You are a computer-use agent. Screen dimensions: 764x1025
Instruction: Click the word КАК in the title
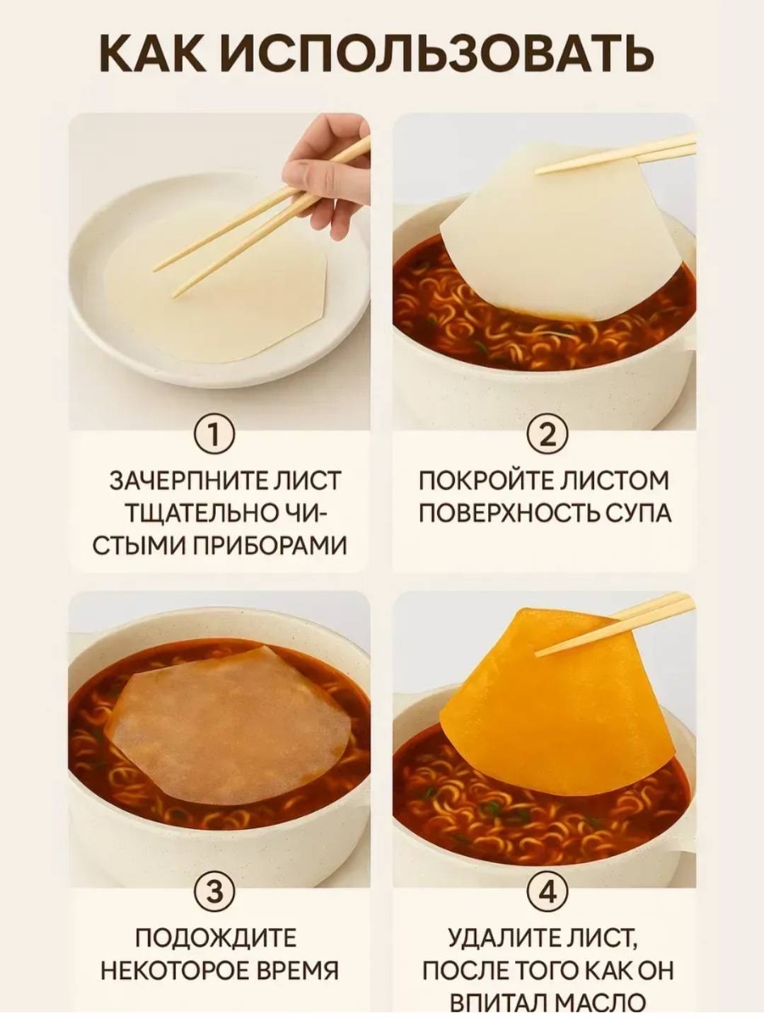pyautogui.click(x=153, y=53)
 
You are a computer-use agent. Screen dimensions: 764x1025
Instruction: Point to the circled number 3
pyautogui.click(x=213, y=869)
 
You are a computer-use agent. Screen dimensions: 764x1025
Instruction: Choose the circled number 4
pyautogui.click(x=548, y=869)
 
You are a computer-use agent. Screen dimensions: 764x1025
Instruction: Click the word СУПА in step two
pyautogui.click(x=639, y=513)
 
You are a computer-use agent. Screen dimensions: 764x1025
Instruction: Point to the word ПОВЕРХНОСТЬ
pyautogui.click(x=511, y=513)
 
